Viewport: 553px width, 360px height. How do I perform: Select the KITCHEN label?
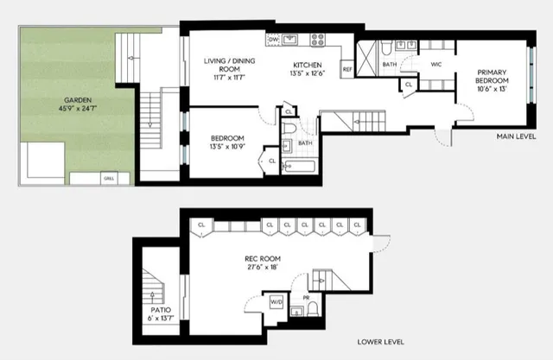tap(307, 66)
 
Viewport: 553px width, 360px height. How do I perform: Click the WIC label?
tap(437, 64)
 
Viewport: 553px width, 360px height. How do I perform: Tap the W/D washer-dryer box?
tap(277, 303)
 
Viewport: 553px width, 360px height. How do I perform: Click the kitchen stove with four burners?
tap(316, 39)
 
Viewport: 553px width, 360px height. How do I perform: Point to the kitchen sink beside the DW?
tap(290, 39)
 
